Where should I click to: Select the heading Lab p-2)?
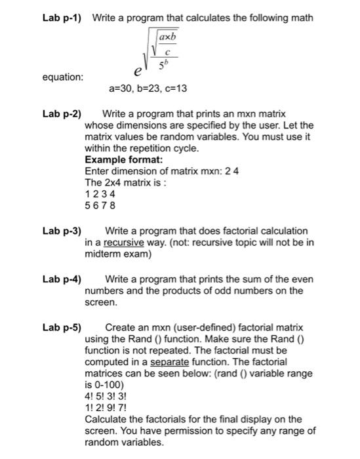(61, 113)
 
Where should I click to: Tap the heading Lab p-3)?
(61, 231)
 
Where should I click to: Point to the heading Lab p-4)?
(61, 279)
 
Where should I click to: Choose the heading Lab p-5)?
(61, 327)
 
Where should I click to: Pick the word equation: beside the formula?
(63, 77)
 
